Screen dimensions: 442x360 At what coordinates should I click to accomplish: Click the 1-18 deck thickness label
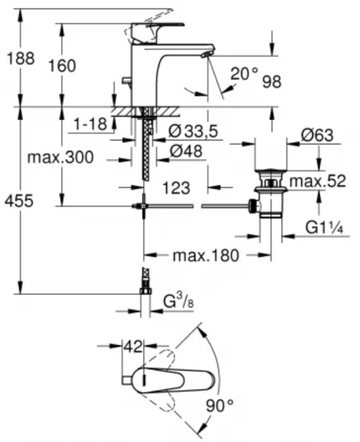(x=90, y=126)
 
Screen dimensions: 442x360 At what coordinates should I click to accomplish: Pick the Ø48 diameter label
(x=186, y=150)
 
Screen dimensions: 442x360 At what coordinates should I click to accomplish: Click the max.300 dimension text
(x=60, y=158)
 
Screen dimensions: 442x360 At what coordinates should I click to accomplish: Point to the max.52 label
(x=318, y=181)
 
